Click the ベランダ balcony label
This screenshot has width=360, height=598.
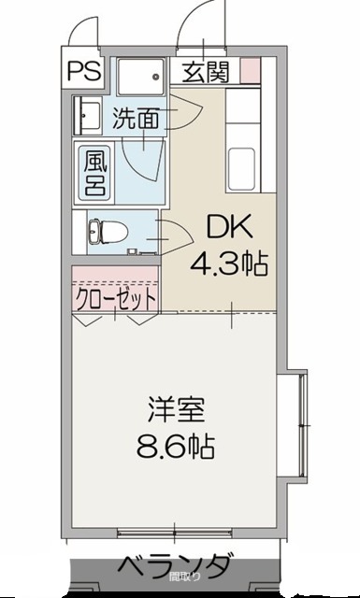click(x=174, y=565)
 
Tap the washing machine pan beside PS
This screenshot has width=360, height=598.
click(x=140, y=74)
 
